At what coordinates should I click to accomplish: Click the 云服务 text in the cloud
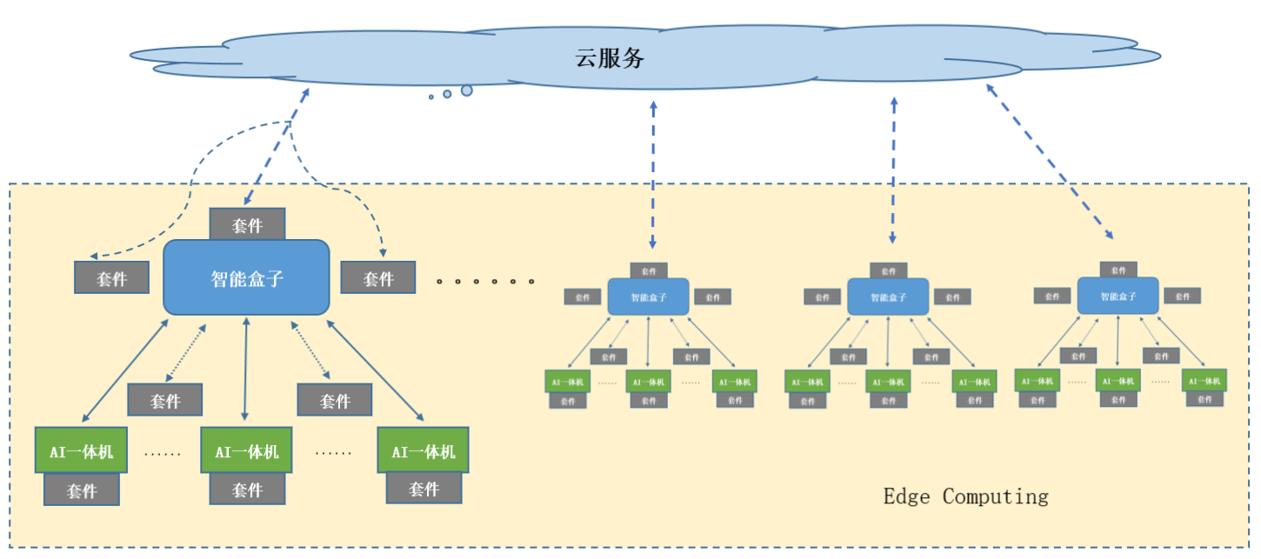[610, 58]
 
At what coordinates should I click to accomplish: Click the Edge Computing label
[965, 496]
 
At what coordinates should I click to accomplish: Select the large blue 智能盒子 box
[247, 278]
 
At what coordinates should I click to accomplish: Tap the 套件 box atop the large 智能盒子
[247, 225]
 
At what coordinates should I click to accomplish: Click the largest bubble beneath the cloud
[467, 90]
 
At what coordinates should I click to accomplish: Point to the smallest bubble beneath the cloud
[430, 96]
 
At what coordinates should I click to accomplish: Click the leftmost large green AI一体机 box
[81, 450]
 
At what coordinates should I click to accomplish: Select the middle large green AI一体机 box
[247, 450]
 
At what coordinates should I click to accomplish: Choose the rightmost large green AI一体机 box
[423, 450]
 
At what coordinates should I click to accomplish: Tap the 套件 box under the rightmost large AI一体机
[424, 489]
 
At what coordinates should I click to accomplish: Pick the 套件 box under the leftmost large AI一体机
[82, 489]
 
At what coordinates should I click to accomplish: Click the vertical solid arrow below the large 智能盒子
[246, 369]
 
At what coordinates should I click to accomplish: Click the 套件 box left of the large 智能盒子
[112, 278]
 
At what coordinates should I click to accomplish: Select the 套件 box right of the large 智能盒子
[378, 278]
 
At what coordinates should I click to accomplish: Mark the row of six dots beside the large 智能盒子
[484, 281]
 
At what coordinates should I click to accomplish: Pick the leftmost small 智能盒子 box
[648, 296]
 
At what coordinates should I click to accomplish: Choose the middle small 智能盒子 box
[888, 296]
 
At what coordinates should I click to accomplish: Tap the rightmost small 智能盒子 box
[1118, 296]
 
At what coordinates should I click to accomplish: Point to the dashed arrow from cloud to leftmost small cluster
[653, 174]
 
